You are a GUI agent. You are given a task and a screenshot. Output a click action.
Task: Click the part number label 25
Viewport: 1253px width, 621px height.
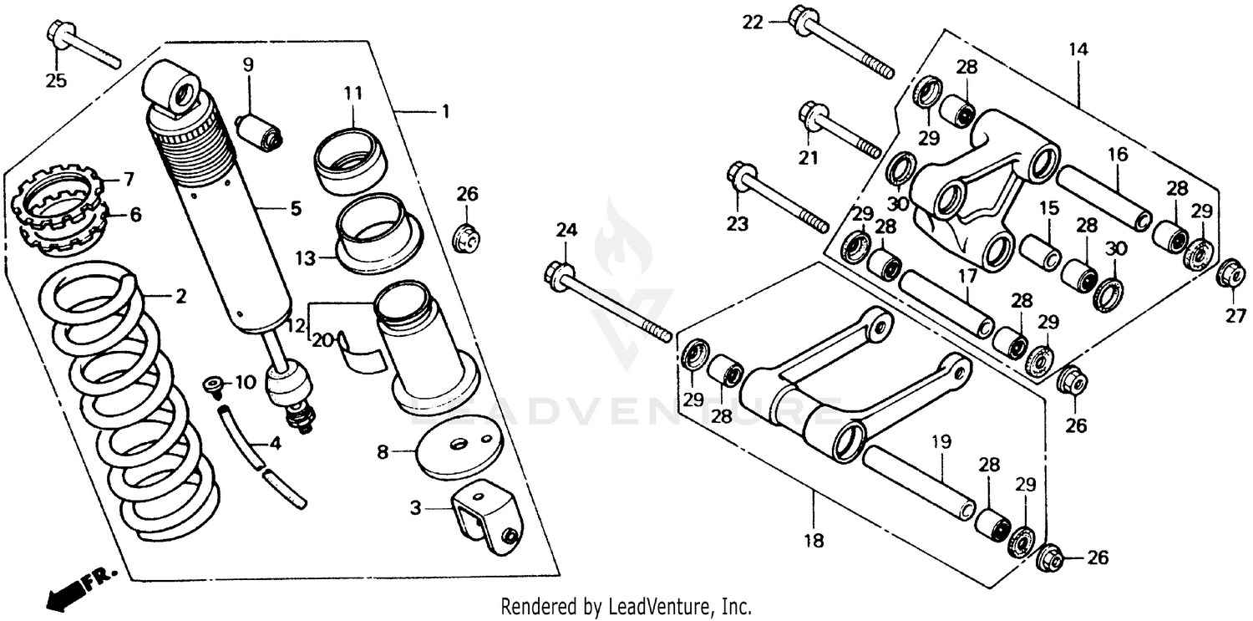(56, 80)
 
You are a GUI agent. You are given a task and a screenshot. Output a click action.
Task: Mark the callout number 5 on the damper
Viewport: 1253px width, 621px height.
(295, 208)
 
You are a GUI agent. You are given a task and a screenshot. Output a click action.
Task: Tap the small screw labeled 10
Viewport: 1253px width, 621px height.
(214, 385)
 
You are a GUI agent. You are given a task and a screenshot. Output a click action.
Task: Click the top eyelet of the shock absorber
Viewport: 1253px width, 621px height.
(174, 85)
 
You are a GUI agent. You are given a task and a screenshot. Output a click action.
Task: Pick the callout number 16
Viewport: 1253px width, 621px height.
(1118, 154)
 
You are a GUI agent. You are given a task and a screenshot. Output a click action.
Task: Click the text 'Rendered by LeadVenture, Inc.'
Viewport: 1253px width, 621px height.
(626, 607)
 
